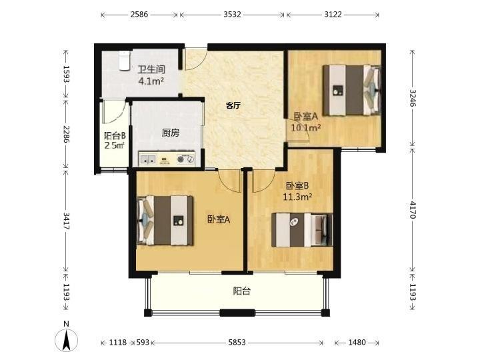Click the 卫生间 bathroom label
(x=151, y=70)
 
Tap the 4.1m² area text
(x=151, y=81)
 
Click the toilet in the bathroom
(x=124, y=61)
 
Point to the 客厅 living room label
(x=233, y=106)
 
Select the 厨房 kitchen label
(x=171, y=133)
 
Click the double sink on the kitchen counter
(x=148, y=159)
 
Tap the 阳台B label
(x=115, y=135)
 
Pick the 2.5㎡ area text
(x=115, y=145)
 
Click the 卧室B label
(x=297, y=186)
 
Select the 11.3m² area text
(x=297, y=197)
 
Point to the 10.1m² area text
(x=306, y=127)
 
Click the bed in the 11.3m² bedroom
(x=302, y=230)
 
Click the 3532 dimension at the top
(x=232, y=15)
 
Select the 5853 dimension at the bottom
(x=237, y=342)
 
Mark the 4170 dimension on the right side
(x=412, y=210)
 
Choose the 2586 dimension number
(x=139, y=15)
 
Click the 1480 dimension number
(x=357, y=342)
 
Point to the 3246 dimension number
(x=412, y=98)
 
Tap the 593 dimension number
(x=143, y=342)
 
